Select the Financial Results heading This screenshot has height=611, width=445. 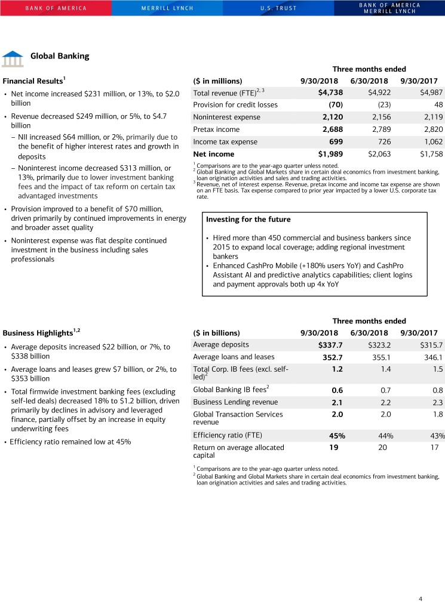pyautogui.click(x=33, y=81)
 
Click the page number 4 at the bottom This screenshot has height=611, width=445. pyautogui.click(x=421, y=598)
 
